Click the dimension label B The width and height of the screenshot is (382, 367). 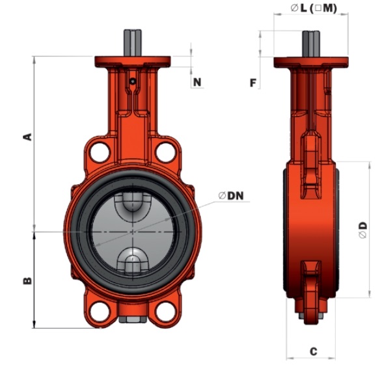(27, 280)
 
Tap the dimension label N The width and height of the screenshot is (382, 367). (197, 82)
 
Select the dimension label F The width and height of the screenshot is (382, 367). (254, 82)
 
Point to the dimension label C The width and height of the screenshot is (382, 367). (312, 351)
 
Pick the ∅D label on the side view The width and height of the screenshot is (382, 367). (362, 229)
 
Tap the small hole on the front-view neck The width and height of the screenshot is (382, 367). (132, 82)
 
